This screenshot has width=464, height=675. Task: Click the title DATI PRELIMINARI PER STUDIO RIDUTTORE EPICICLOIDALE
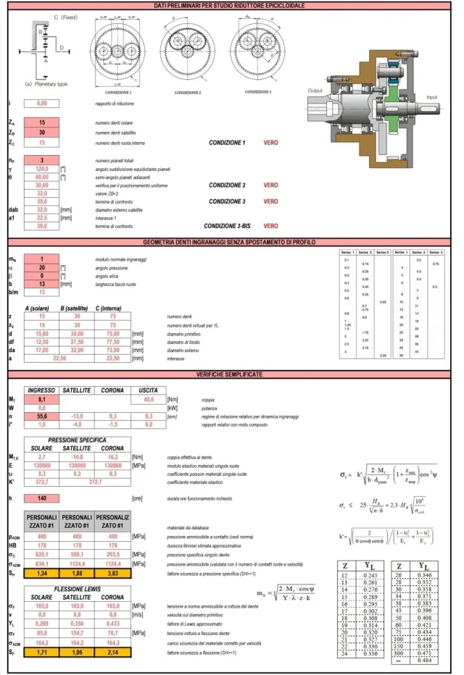[x=231, y=6]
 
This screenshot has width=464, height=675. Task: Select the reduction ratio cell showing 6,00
[x=42, y=103]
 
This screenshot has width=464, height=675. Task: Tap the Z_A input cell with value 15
[x=42, y=123]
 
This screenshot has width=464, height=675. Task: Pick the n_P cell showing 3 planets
[x=42, y=160]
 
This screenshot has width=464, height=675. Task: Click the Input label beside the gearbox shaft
[x=432, y=96]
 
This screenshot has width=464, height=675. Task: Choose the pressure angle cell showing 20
[x=42, y=267]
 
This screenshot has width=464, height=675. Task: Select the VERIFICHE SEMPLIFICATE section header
[x=231, y=373]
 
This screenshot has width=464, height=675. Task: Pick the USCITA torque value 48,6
[x=149, y=399]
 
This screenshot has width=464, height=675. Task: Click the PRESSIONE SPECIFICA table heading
[x=78, y=440]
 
